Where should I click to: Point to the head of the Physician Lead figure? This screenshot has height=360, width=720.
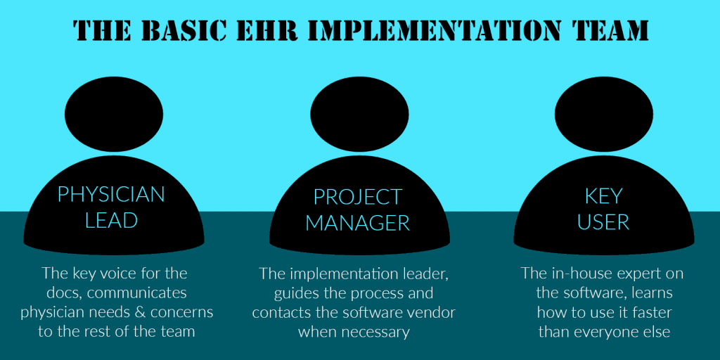[x=114, y=115]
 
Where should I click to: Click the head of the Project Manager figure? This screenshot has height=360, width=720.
[x=359, y=115]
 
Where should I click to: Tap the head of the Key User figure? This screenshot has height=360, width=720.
[x=603, y=115]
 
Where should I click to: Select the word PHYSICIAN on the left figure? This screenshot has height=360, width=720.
[x=111, y=195]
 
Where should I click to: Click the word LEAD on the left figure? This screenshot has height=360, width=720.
[x=112, y=221]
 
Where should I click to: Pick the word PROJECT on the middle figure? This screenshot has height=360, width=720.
[x=358, y=197]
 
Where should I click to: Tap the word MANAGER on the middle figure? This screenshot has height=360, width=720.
[x=358, y=223]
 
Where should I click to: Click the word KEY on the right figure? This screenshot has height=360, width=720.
[x=603, y=196]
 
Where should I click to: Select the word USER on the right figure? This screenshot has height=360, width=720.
[x=603, y=222]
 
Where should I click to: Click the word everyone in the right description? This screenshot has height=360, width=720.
[x=613, y=333]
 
